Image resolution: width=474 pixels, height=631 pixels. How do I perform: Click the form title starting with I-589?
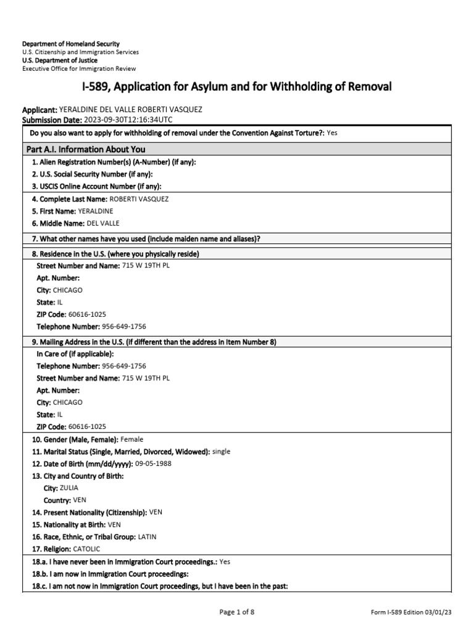point(237,87)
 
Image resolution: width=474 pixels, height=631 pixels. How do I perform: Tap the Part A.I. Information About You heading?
point(86,149)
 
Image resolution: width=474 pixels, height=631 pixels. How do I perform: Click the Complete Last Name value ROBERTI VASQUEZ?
point(139,199)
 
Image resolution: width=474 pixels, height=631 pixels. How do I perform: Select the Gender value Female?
point(132,439)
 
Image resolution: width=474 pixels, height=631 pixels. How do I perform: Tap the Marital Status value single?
point(221,452)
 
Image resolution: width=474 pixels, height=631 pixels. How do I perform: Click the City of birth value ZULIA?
point(69,487)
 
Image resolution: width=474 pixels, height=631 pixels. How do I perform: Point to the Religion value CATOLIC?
point(86,548)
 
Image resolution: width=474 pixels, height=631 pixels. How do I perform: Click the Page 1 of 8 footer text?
point(237,612)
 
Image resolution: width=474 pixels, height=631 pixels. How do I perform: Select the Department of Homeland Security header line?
point(71,44)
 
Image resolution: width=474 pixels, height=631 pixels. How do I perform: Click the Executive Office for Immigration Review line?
point(79,68)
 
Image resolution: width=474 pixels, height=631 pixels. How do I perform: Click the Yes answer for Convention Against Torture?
point(332,132)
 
